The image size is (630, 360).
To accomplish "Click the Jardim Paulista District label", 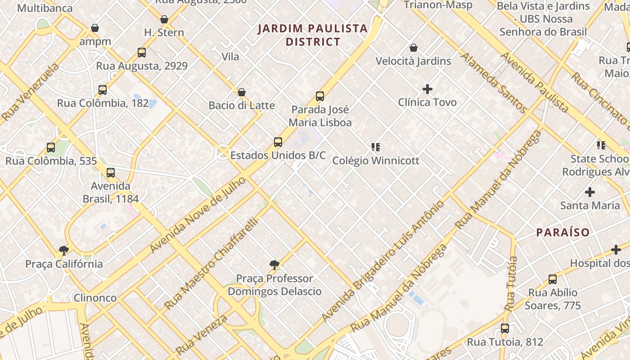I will click(x=313, y=35).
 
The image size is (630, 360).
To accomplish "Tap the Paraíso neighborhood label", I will click(x=562, y=232).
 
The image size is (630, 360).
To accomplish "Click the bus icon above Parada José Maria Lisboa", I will click(x=319, y=96).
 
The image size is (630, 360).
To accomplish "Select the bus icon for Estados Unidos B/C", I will click(x=278, y=142).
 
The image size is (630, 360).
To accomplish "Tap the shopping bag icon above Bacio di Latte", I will click(x=242, y=92).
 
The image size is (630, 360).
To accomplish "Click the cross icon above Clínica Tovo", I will click(x=427, y=89).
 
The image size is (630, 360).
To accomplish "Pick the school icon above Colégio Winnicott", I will click(x=376, y=147).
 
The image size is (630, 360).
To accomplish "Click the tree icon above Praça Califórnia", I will click(x=63, y=250).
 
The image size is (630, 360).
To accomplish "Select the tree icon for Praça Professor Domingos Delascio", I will click(x=274, y=265).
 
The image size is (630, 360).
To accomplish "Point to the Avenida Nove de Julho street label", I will click(x=198, y=215).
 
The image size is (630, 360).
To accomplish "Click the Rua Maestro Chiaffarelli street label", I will click(x=212, y=263).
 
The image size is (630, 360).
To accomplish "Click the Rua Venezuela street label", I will click(x=30, y=92).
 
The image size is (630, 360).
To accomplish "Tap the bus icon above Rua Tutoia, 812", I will click(x=504, y=328).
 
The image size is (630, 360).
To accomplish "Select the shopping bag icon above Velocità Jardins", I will click(x=413, y=48).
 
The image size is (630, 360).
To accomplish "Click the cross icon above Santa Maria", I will click(x=589, y=192).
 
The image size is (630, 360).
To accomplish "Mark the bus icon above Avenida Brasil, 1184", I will click(x=110, y=172).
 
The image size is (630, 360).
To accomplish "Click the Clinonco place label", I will click(x=95, y=297).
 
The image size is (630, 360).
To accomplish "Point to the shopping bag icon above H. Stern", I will click(x=164, y=19).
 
